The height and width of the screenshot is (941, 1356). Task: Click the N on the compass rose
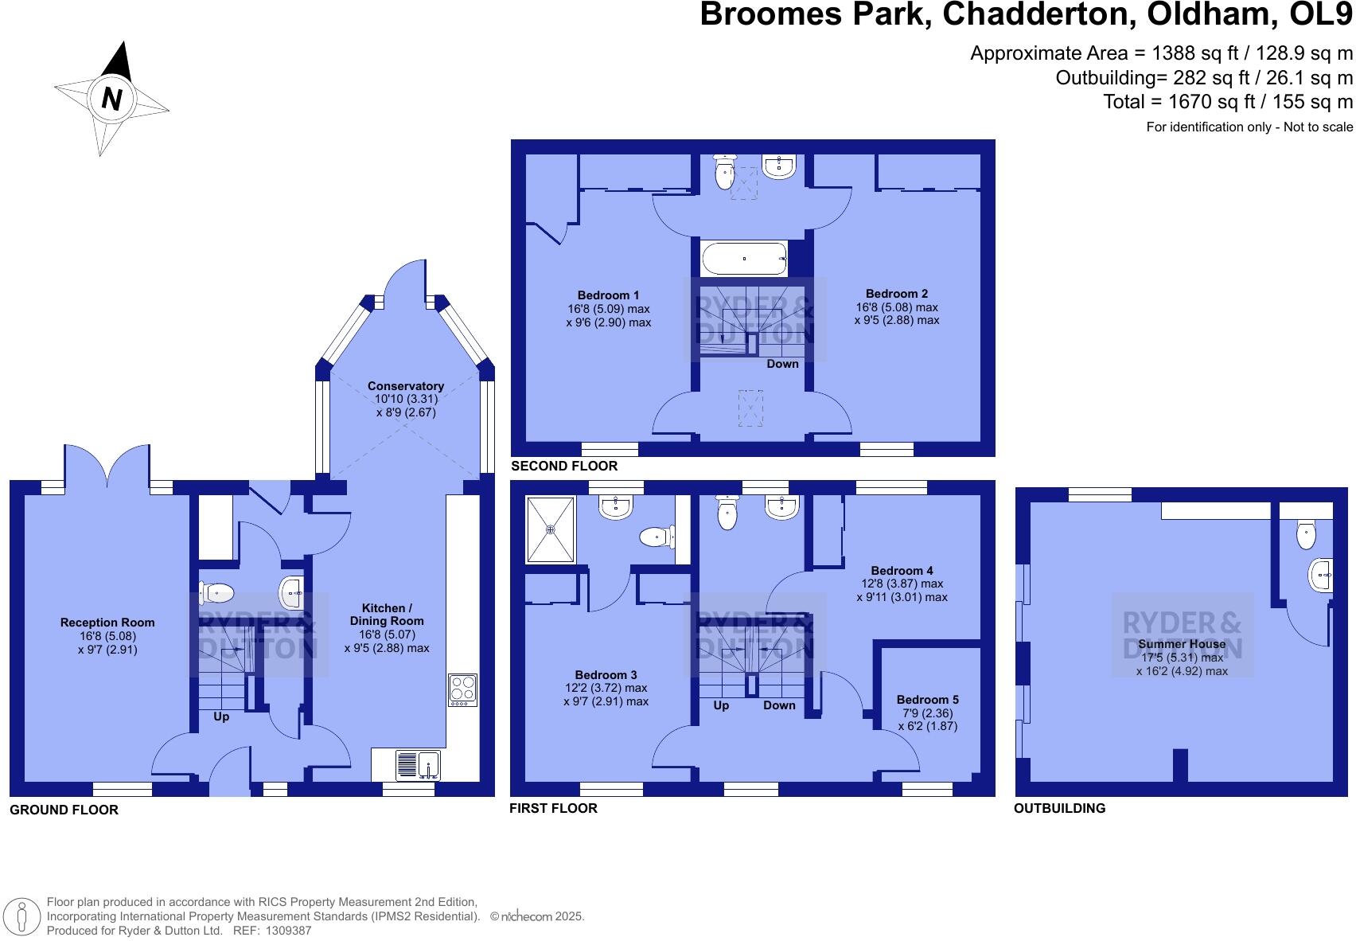(112, 98)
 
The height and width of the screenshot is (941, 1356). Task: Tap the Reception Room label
(107, 623)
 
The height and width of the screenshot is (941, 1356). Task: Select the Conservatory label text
(406, 386)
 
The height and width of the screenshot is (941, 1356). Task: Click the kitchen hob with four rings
(463, 690)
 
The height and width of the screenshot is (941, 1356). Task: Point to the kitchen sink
(418, 765)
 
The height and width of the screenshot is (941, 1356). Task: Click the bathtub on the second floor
(744, 259)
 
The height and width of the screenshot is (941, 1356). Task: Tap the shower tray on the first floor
(550, 530)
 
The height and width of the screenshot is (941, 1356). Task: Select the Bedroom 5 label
(927, 700)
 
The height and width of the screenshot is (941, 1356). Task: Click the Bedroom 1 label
(608, 295)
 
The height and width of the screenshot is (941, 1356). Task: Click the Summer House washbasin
(1320, 574)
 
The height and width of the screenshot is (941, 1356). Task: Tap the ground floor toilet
(216, 593)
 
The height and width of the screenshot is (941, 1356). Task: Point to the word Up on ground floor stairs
(221, 716)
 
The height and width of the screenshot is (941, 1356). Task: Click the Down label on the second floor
(782, 364)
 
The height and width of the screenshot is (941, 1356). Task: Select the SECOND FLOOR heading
(564, 466)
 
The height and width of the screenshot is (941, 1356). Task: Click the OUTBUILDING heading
(1059, 808)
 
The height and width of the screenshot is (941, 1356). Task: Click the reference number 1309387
(288, 931)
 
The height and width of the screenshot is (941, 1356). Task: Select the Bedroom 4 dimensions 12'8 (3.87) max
(902, 584)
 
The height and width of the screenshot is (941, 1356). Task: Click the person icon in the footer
(21, 916)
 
